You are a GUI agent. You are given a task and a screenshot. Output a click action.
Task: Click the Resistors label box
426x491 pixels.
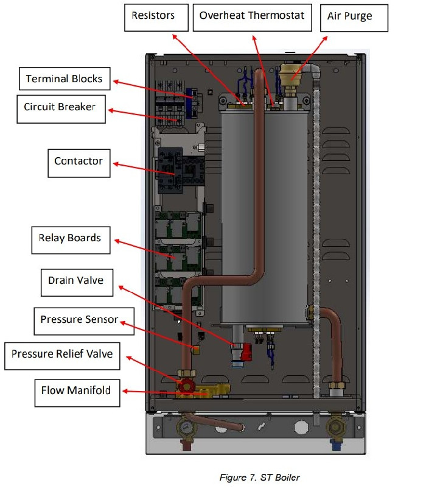(156, 18)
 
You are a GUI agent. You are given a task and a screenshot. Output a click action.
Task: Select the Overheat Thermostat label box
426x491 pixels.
(252, 18)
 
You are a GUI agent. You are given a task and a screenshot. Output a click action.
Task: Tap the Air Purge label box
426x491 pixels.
(354, 18)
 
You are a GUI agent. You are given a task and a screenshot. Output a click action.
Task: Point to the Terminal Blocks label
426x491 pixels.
(65, 79)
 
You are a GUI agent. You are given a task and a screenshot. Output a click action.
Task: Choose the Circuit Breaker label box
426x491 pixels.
(61, 109)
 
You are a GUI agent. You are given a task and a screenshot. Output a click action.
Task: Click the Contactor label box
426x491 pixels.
(79, 163)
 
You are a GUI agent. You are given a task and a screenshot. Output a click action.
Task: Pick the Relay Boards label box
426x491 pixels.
(71, 240)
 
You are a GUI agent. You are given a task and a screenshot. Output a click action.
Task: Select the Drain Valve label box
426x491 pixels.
(77, 283)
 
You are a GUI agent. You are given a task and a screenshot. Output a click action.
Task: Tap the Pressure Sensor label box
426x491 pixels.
(84, 321)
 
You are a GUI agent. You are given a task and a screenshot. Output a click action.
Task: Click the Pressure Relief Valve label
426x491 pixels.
(62, 356)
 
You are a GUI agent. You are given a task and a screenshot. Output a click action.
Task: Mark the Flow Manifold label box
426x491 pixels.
(77, 393)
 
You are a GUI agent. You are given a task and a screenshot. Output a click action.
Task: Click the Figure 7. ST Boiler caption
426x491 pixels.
(259, 478)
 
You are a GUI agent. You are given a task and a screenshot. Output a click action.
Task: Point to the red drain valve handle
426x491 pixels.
(246, 351)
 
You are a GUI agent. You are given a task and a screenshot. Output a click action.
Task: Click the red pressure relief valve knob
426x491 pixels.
(187, 385)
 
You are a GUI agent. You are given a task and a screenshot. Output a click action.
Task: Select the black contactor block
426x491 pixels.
(170, 171)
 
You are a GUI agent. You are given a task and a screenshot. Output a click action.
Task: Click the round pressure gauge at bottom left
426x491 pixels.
(186, 426)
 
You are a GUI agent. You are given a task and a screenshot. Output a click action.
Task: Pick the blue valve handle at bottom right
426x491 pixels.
(335, 444)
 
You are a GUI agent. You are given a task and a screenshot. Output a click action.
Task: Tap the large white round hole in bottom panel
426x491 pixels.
(301, 427)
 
